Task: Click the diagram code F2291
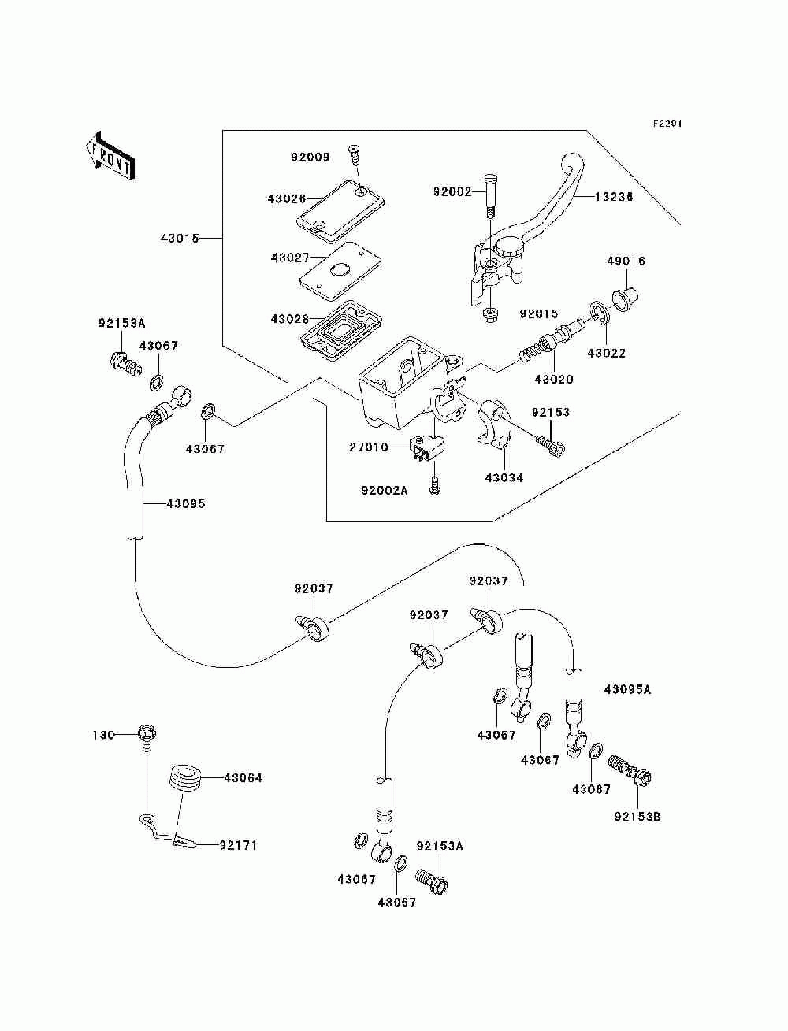click(667, 124)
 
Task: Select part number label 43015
click(180, 238)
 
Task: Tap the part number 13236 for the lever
click(614, 196)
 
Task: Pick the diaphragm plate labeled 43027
click(340, 271)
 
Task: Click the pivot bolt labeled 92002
click(489, 195)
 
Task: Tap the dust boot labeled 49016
click(626, 299)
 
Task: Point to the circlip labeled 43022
click(599, 313)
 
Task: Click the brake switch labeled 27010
click(428, 447)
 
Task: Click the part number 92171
click(238, 845)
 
